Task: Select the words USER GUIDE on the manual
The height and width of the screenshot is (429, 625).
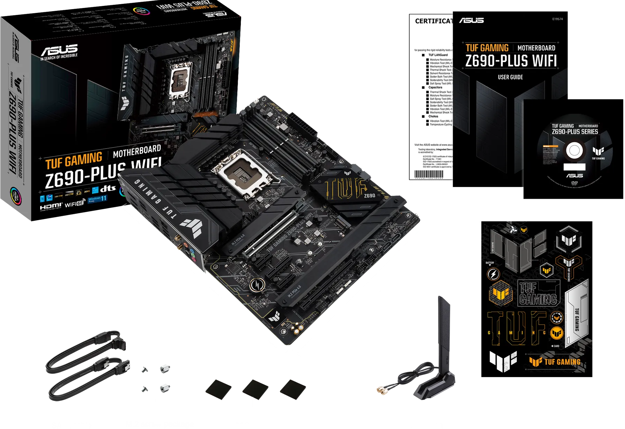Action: click(x=510, y=77)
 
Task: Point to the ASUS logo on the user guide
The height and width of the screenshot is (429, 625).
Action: click(x=471, y=20)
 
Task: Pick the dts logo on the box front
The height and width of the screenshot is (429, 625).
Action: click(x=108, y=189)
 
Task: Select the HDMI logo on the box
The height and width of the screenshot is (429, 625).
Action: click(x=51, y=206)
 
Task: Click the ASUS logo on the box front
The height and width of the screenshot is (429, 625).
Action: click(x=59, y=51)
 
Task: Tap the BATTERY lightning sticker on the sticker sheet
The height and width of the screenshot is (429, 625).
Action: click(x=493, y=274)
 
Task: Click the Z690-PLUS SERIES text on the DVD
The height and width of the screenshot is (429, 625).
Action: click(x=575, y=132)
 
